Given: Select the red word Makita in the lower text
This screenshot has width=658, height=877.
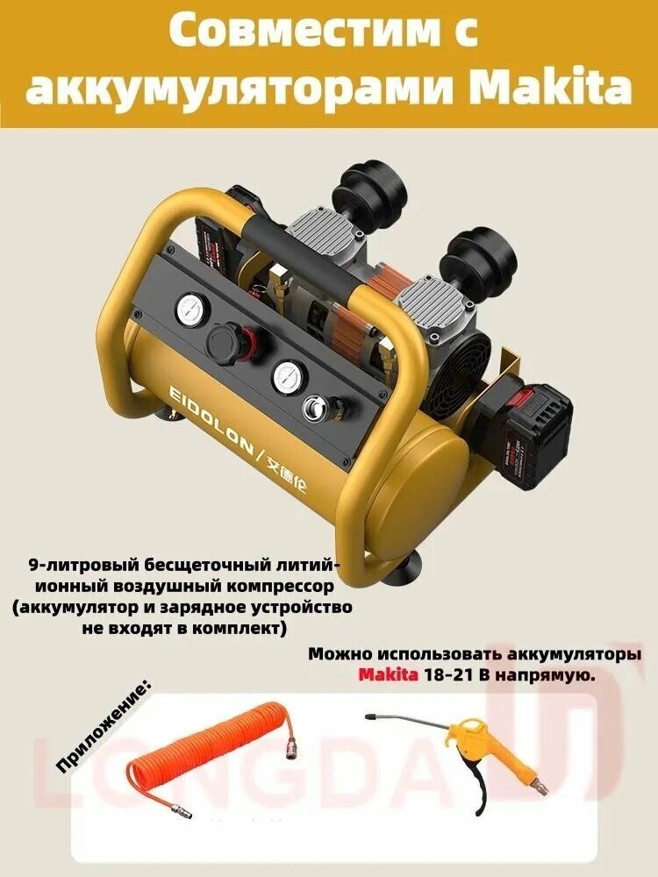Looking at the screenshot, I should click(x=388, y=676).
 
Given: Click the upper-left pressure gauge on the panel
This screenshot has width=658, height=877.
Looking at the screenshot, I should click(x=190, y=310).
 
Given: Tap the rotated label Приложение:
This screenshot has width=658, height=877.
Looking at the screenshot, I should click(x=104, y=724).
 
